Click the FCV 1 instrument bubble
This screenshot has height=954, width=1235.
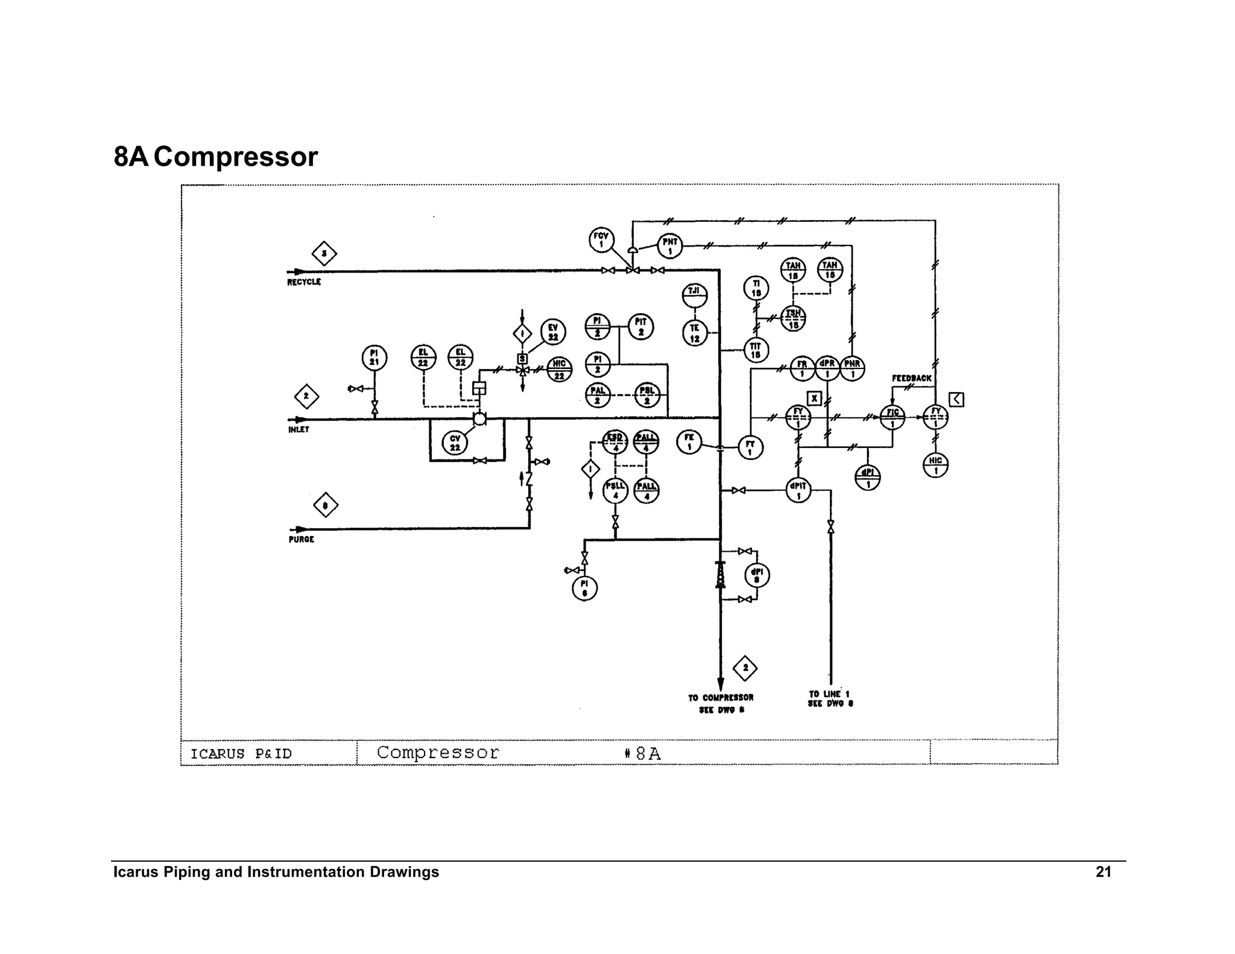(601, 239)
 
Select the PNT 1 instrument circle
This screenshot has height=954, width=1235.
(669, 245)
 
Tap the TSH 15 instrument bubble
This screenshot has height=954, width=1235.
(793, 318)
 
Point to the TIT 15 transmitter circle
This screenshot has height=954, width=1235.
(756, 350)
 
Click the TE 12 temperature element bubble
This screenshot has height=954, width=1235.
(695, 332)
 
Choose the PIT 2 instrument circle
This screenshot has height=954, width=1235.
(641, 326)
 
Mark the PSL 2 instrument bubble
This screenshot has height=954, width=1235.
(647, 395)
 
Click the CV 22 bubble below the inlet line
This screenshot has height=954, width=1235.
(455, 443)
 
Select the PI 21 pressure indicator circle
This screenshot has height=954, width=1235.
(374, 358)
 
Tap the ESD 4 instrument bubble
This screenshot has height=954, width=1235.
(615, 442)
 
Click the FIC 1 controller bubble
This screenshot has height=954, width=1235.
(892, 417)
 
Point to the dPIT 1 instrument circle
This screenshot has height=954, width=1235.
(798, 490)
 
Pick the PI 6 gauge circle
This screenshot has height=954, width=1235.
(584, 588)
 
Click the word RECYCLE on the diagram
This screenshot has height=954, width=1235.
(304, 282)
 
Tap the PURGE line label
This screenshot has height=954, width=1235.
(301, 539)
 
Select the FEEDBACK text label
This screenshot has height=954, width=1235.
(911, 378)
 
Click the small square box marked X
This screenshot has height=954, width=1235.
(814, 398)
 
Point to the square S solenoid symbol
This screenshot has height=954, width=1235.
(522, 359)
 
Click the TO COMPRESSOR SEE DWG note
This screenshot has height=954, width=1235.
(721, 703)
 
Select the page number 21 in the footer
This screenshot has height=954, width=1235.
(1103, 872)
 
